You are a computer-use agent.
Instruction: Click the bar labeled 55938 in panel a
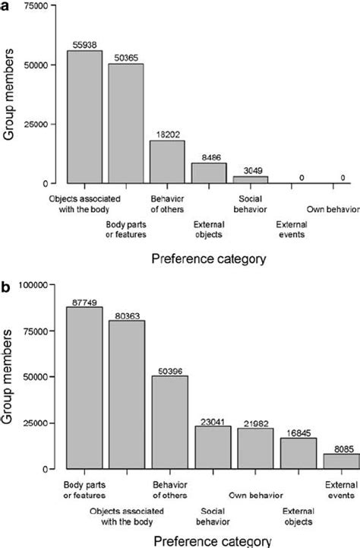pyautogui.click(x=84, y=117)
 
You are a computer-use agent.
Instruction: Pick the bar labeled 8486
pyautogui.click(x=208, y=173)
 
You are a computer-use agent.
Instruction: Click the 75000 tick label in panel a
pyautogui.click(x=31, y=6)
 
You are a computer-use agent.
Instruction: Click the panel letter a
pyautogui.click(x=5, y=6)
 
